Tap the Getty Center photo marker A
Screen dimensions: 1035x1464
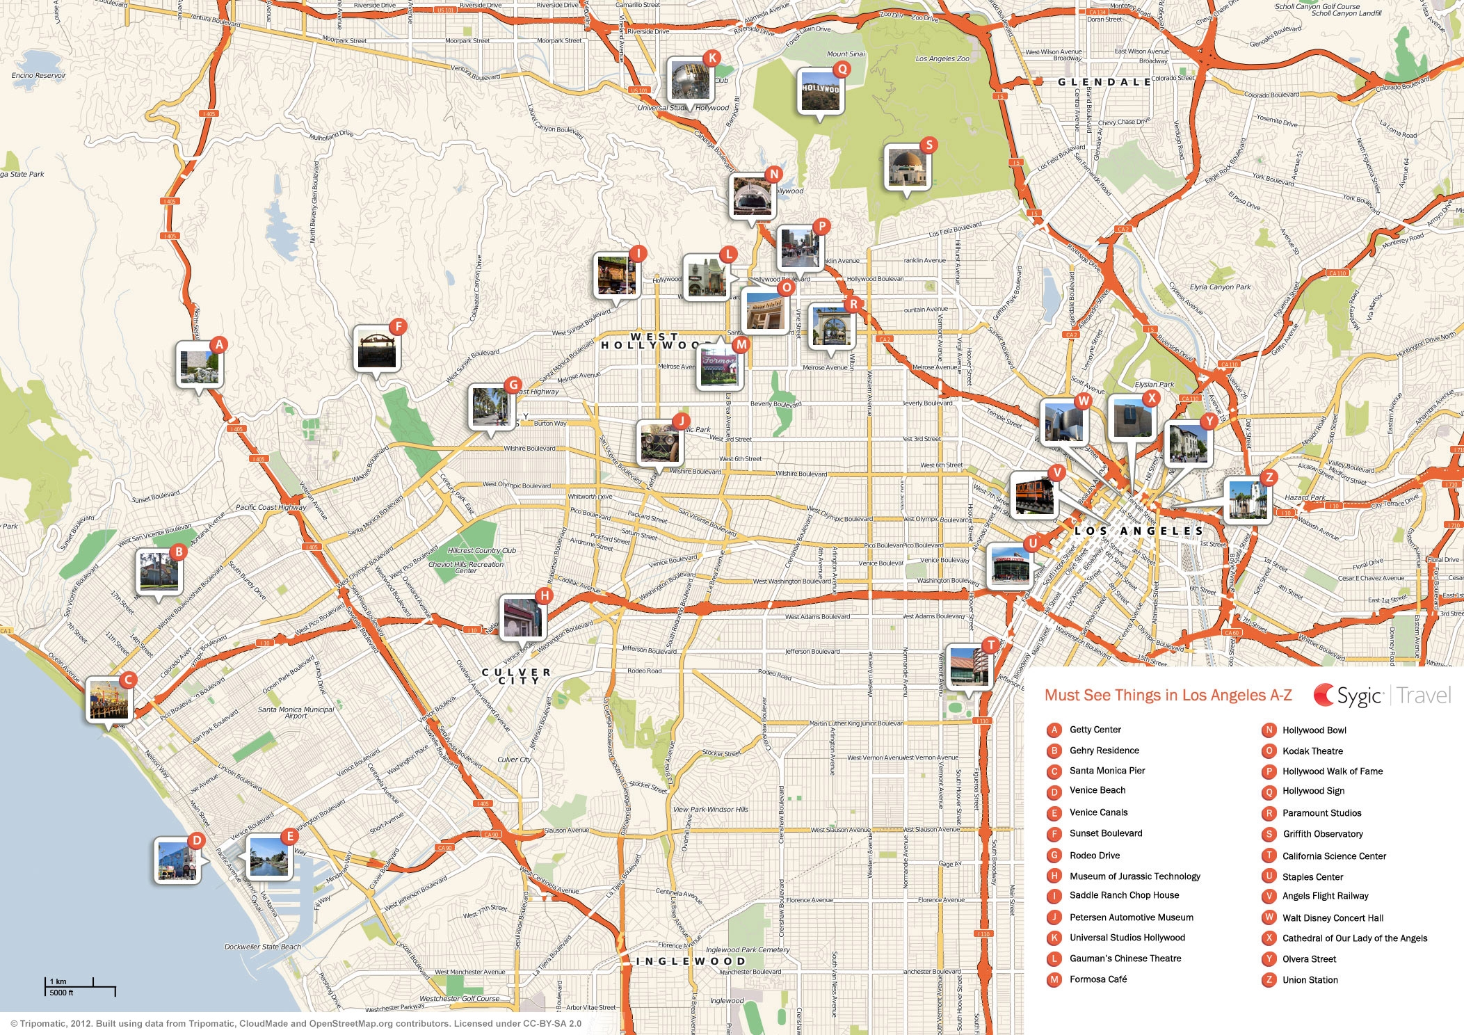coord(200,365)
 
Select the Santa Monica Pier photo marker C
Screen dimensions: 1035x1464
coord(109,700)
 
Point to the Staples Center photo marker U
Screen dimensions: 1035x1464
coord(1010,565)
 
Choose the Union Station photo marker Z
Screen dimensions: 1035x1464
coord(1247,499)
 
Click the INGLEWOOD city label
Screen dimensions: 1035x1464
coord(691,961)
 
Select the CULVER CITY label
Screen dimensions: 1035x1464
coord(516,676)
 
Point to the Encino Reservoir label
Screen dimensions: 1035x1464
coord(39,75)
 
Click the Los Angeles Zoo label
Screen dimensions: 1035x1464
coord(942,59)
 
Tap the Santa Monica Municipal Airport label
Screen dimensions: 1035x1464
coord(296,712)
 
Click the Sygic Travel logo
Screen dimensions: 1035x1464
coord(1381,696)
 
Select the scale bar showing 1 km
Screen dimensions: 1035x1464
coord(80,986)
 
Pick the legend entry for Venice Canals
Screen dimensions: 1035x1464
coord(1098,812)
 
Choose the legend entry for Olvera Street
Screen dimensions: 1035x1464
coord(1309,959)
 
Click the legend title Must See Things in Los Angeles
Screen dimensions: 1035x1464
coord(1168,696)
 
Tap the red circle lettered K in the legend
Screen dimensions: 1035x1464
coord(1054,938)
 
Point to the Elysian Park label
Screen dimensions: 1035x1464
coord(1154,384)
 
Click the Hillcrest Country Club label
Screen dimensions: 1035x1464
coord(482,550)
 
